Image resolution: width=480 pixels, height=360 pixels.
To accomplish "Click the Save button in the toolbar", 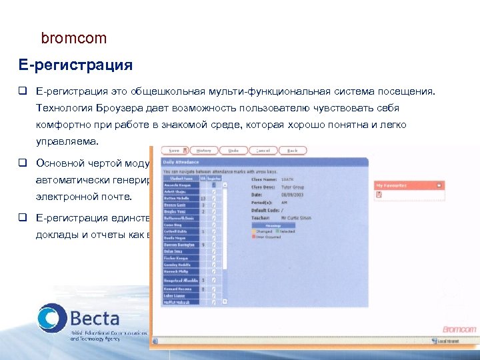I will [175, 151].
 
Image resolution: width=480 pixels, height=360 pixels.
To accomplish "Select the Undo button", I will [233, 151].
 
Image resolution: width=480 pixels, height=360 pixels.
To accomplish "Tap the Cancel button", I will [263, 151].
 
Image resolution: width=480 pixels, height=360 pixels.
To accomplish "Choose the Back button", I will [292, 151].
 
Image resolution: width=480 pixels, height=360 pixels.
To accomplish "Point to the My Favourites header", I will [392, 185].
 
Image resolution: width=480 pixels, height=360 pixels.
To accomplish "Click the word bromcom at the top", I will [73, 39].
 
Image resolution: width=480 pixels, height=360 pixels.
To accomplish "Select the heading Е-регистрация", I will [75, 65].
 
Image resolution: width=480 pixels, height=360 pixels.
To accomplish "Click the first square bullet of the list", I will [23, 90].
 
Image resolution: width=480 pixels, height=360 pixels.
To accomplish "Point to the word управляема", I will [67, 141].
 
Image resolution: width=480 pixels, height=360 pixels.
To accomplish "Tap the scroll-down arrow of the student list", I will [225, 301].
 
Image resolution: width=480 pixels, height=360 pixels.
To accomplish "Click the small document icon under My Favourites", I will [379, 195].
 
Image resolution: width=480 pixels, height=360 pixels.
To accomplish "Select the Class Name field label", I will [265, 179].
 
